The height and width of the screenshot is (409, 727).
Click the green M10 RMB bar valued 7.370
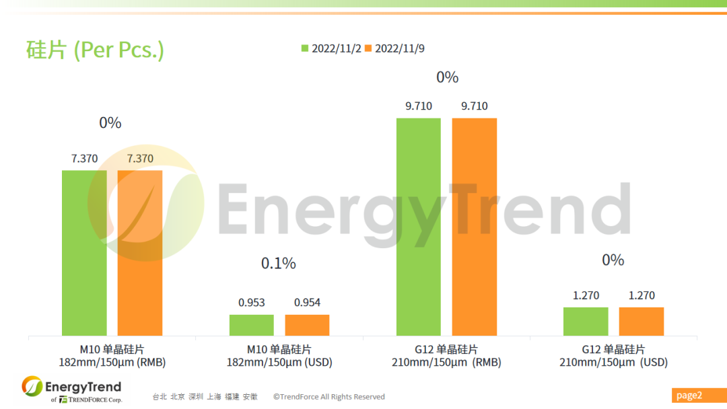click(x=84, y=252)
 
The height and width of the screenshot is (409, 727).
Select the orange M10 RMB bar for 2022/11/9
click(x=140, y=252)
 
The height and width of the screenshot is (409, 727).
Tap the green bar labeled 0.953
click(x=251, y=325)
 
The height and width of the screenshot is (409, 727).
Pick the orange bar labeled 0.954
click(x=307, y=325)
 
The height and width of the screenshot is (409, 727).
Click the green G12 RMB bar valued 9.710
click(x=418, y=227)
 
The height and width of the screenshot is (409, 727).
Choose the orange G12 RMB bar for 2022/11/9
click(x=474, y=227)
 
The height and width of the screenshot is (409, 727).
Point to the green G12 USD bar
click(x=586, y=322)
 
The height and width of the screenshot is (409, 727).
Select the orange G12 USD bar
click(x=642, y=322)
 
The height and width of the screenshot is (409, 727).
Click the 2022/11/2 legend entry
click(x=332, y=48)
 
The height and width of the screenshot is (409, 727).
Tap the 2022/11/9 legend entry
click(x=395, y=48)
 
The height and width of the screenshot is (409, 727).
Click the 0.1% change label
click(x=279, y=263)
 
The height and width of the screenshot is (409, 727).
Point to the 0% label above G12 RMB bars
click(x=447, y=77)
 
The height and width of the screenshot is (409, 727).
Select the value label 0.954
click(x=307, y=303)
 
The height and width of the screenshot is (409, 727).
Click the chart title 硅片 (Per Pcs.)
click(x=95, y=50)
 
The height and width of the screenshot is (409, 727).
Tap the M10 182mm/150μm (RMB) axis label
click(x=112, y=356)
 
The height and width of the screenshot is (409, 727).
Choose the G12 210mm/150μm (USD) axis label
click(x=613, y=356)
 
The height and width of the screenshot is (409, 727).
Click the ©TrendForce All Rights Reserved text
click(x=328, y=397)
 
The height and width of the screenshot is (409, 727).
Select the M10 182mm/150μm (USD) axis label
click(x=279, y=356)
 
